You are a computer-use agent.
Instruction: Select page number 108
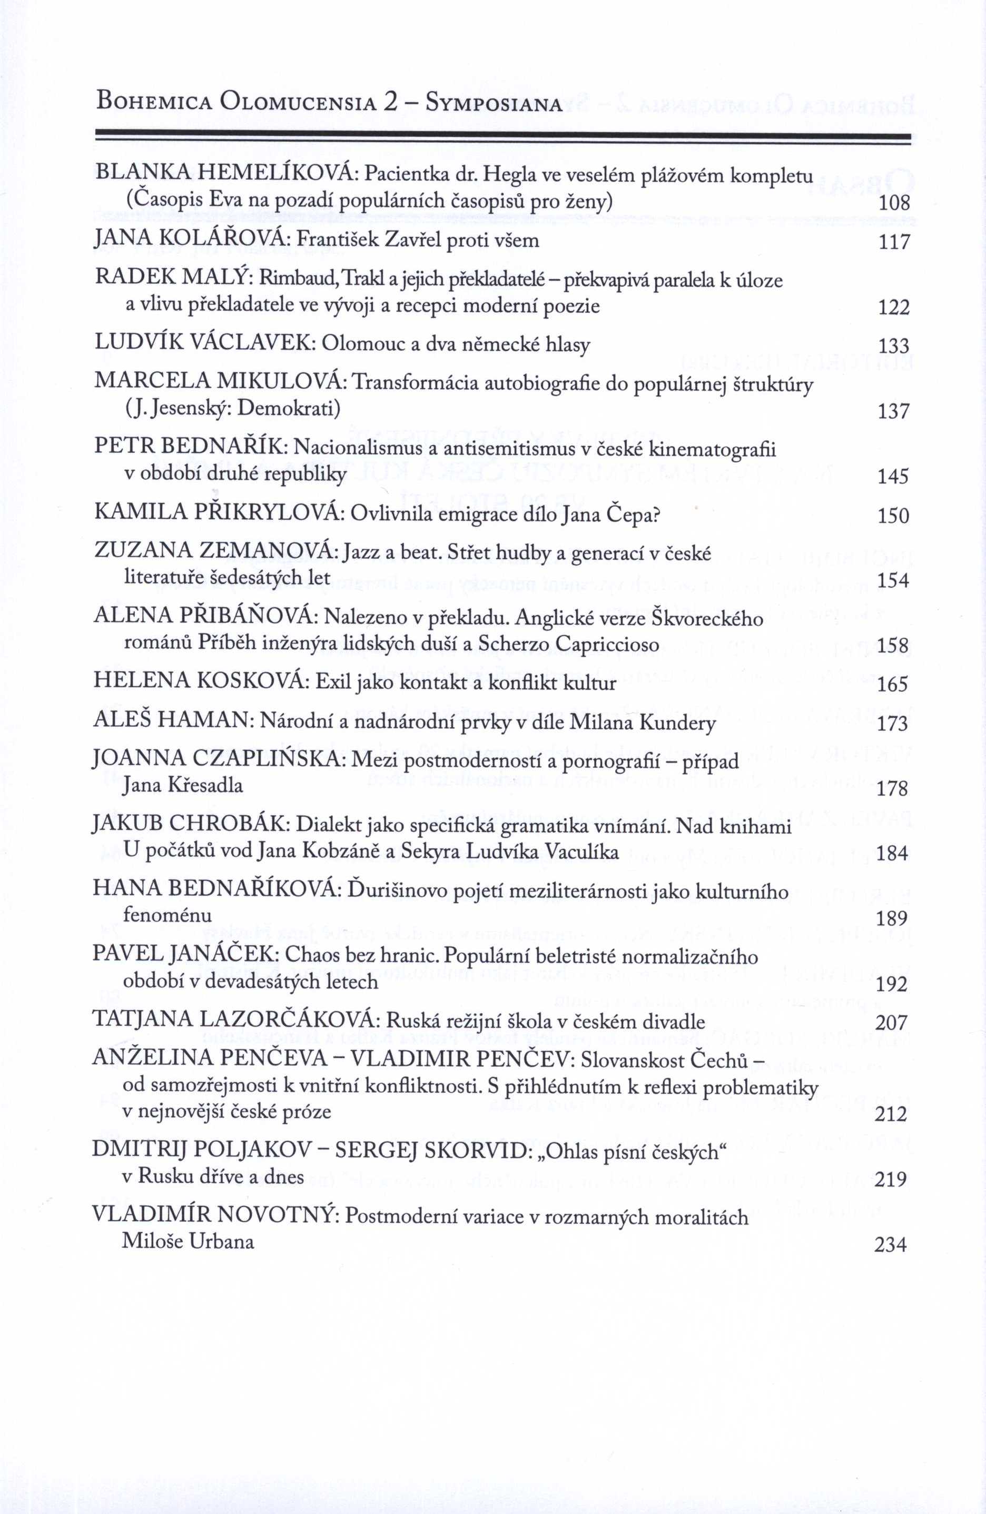(894, 204)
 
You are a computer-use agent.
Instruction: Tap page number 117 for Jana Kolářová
(894, 242)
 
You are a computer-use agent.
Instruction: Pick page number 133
(893, 346)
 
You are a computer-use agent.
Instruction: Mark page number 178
(892, 789)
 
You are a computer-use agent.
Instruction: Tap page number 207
(891, 1022)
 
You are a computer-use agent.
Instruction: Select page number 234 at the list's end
(891, 1245)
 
